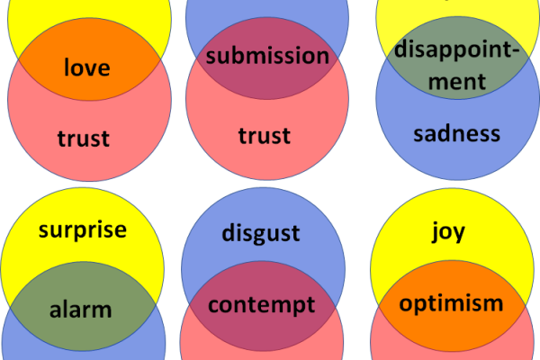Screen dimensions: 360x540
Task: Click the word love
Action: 87,67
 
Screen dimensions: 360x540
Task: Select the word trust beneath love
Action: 83,138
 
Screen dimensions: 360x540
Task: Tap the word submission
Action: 267,56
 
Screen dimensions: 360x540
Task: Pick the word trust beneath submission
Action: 265,136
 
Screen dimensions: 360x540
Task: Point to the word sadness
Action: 456,134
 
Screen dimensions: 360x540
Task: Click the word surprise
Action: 83,229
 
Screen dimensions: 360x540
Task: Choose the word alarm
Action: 82,310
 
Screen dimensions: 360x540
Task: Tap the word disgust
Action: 260,234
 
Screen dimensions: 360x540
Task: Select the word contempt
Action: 262,303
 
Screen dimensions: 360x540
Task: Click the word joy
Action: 448,231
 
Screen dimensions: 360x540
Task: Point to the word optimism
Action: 450,302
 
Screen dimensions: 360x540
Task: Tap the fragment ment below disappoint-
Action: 455,80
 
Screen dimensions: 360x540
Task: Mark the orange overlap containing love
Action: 87,85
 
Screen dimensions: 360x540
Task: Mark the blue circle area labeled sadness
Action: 456,157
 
